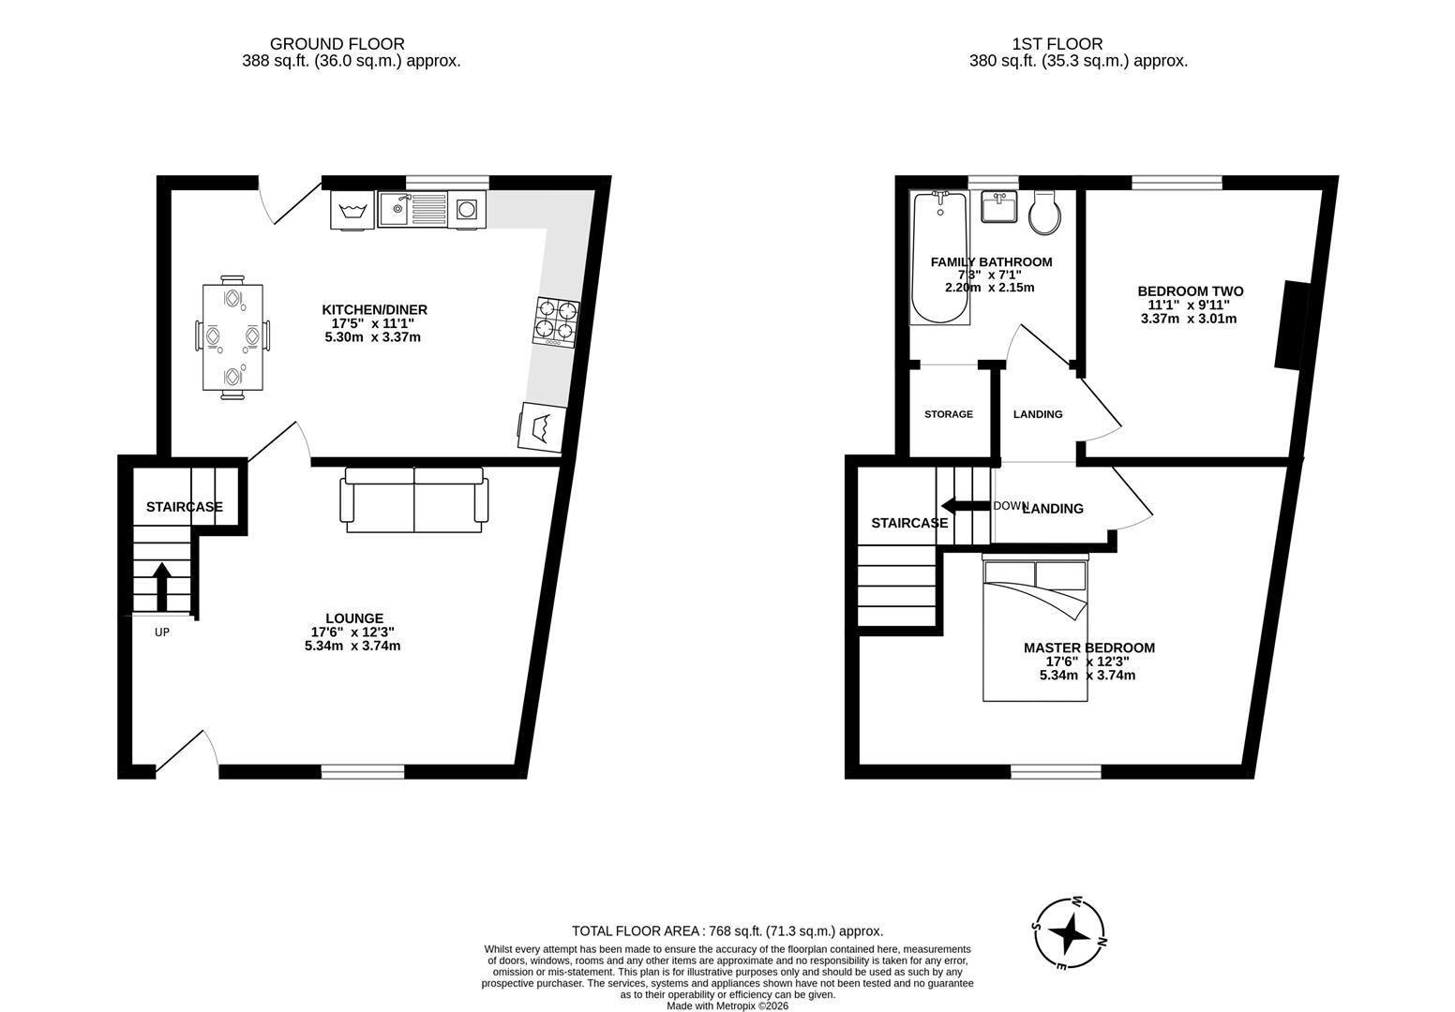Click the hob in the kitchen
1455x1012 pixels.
pyautogui.click(x=556, y=320)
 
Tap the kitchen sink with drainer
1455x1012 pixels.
pyautogui.click(x=413, y=209)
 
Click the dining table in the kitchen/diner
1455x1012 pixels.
pyautogui.click(x=232, y=337)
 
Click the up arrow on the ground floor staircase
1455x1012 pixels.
pyautogui.click(x=161, y=586)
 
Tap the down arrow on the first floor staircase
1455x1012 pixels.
pyautogui.click(x=966, y=506)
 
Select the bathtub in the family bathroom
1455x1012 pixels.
pyautogui.click(x=940, y=257)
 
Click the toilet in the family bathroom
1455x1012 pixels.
pyautogui.click(x=1044, y=213)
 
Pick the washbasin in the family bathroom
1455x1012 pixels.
pyautogui.click(x=999, y=206)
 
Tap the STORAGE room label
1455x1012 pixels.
pyautogui.click(x=948, y=414)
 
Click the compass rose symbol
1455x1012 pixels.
pyautogui.click(x=1069, y=932)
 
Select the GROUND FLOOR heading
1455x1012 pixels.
pyautogui.click(x=337, y=44)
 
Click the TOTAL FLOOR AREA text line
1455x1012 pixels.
pyautogui.click(x=727, y=930)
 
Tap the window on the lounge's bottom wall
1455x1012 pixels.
pyautogui.click(x=363, y=771)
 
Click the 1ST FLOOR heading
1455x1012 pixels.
pyautogui.click(x=1057, y=44)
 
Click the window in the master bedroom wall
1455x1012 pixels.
pyautogui.click(x=1056, y=771)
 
